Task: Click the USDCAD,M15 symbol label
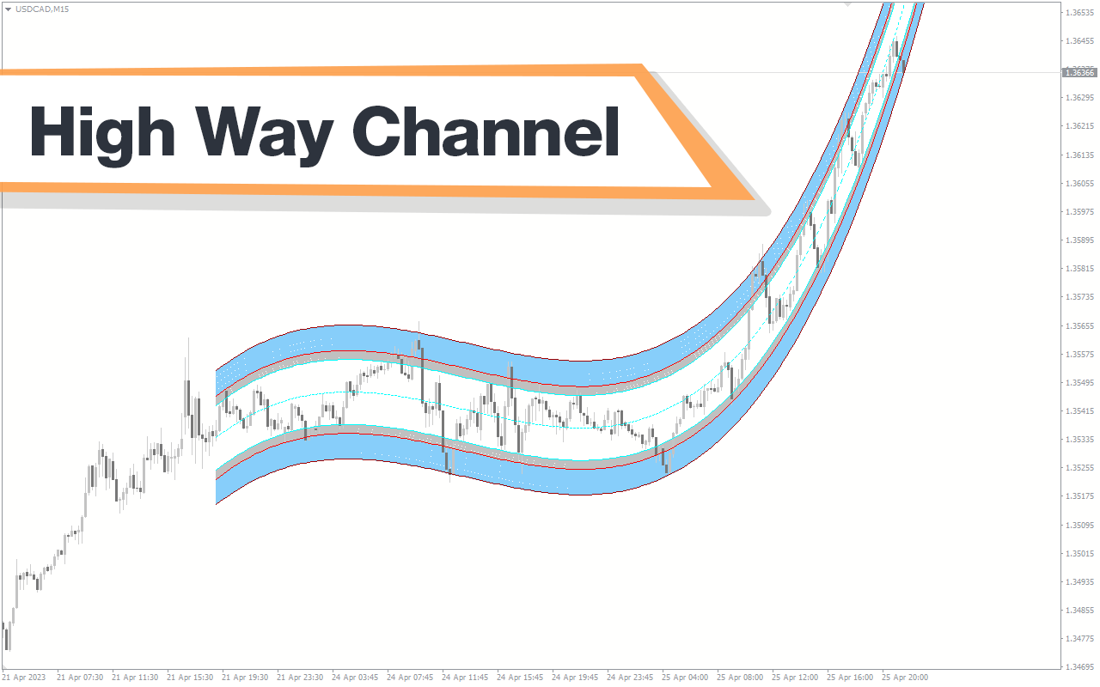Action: point(42,9)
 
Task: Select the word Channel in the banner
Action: point(486,131)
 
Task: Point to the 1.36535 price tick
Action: point(1079,13)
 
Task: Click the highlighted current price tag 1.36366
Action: point(1079,73)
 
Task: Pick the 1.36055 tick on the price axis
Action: point(1079,184)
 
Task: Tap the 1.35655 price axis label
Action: point(1079,325)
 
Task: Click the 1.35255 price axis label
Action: point(1079,468)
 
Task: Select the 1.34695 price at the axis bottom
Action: point(1079,667)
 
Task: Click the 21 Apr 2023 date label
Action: point(24,678)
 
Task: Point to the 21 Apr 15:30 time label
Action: point(190,678)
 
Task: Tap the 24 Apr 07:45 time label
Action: point(410,678)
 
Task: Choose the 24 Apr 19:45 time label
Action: point(575,678)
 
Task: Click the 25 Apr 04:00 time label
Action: point(685,678)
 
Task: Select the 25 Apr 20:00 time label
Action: point(905,678)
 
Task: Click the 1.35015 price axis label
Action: point(1079,554)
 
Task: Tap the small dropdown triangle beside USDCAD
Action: point(8,9)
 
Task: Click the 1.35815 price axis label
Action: point(1079,269)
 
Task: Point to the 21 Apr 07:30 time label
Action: point(80,678)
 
